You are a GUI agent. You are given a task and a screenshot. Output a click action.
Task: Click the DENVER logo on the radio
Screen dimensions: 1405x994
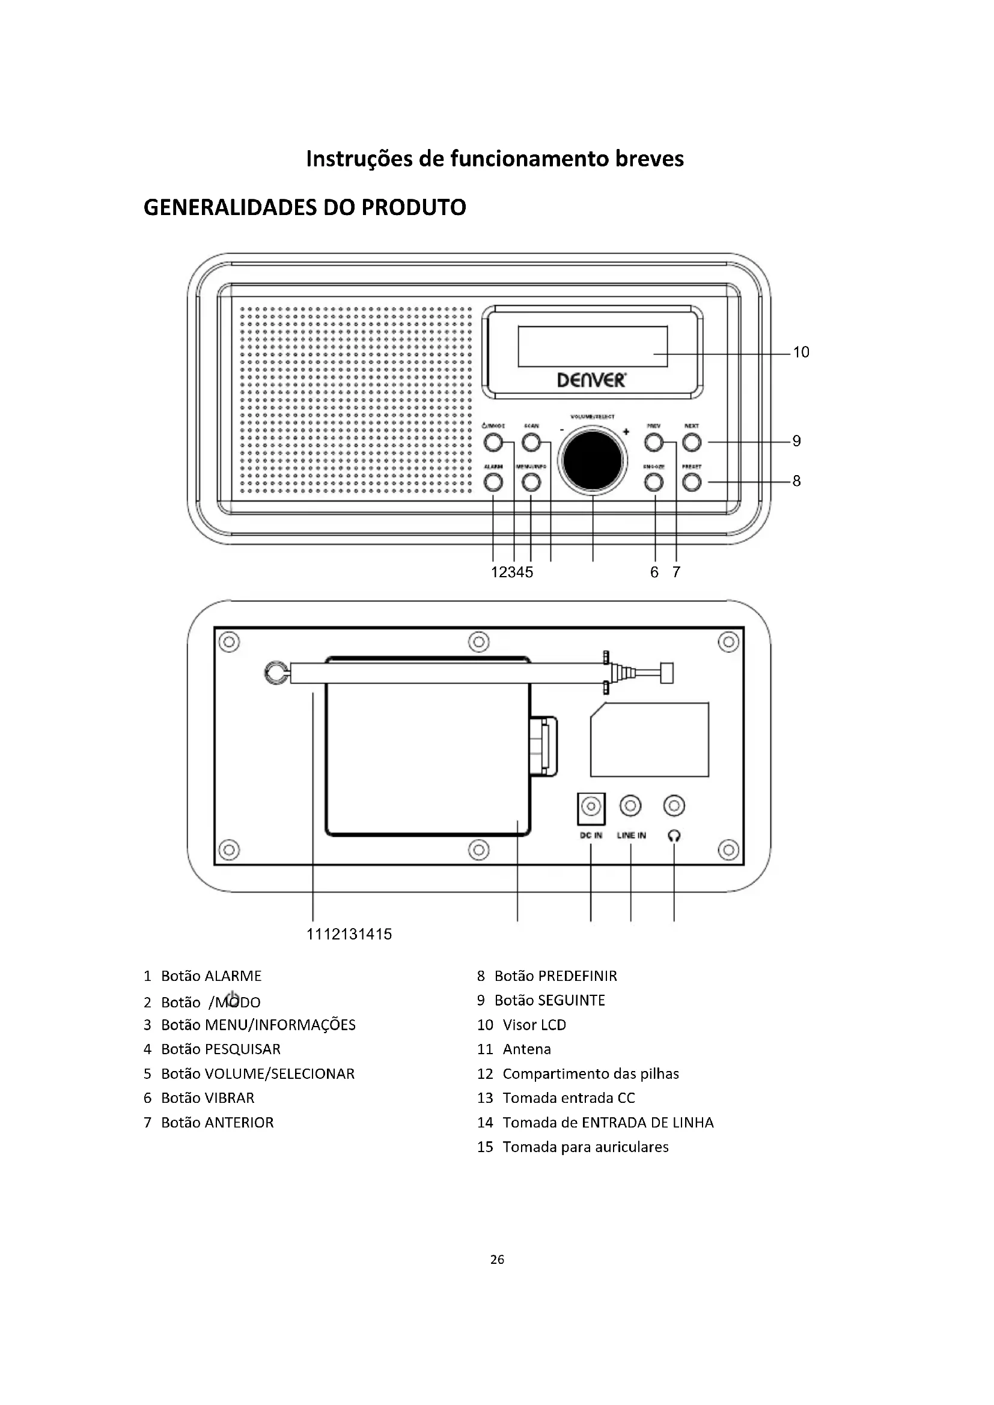click(x=591, y=380)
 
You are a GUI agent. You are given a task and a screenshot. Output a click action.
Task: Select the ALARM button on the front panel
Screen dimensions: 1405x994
click(x=493, y=483)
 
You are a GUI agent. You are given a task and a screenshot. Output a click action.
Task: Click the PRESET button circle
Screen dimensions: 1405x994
click(x=692, y=483)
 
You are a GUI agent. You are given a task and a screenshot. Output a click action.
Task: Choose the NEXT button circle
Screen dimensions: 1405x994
click(x=692, y=442)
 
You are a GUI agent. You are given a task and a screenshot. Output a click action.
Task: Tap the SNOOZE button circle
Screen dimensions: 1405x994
click(x=654, y=483)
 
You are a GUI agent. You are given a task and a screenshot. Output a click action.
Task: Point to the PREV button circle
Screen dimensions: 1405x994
click(x=654, y=442)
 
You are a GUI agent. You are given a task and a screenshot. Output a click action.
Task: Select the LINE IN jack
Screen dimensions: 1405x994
click(x=630, y=806)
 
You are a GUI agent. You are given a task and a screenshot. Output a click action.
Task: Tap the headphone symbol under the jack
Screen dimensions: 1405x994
click(x=674, y=836)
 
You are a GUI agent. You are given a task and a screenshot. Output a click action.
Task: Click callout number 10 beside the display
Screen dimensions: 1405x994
click(x=800, y=353)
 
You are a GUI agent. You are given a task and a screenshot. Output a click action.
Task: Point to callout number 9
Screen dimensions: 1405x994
click(x=796, y=442)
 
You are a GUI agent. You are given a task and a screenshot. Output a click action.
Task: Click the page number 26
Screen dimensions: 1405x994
click(x=497, y=1260)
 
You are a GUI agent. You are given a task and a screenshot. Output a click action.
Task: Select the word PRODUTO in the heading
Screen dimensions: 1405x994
click(x=413, y=208)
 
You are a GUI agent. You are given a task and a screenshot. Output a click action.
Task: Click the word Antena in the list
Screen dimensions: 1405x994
click(x=526, y=1049)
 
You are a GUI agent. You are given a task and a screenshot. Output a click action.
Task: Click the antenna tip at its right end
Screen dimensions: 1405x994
click(x=667, y=673)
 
